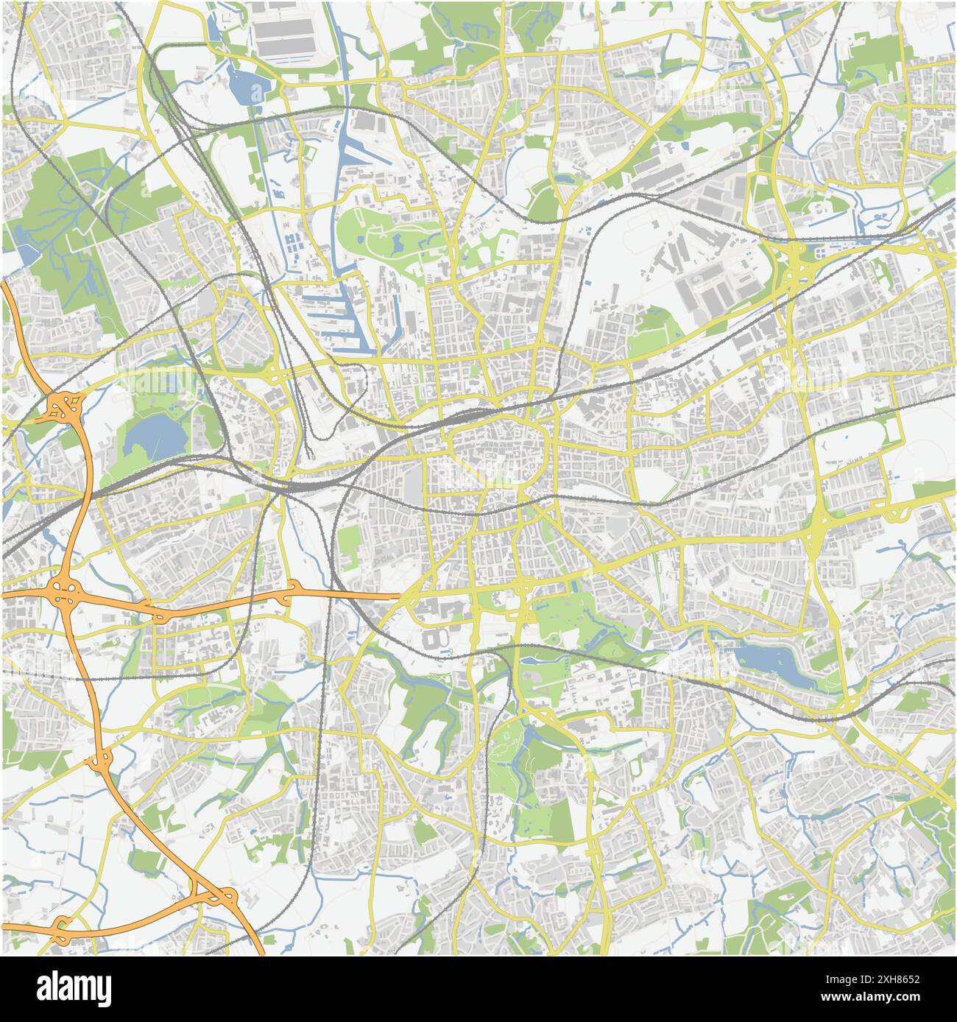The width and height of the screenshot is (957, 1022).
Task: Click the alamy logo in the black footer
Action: click(74, 989)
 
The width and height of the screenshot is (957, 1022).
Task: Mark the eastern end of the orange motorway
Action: click(398, 591)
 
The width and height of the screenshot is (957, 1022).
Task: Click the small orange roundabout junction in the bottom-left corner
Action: click(60, 923)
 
